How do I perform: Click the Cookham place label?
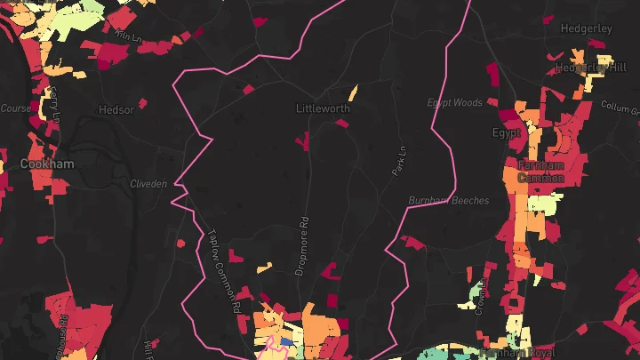tap(48, 164)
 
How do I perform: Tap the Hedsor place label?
tap(117, 110)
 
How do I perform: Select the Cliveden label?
tap(148, 184)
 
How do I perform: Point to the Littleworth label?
tap(323, 108)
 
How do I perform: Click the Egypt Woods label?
tap(454, 103)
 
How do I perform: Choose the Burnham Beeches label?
tap(449, 201)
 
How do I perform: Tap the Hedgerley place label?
tap(587, 28)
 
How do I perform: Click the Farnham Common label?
tap(541, 172)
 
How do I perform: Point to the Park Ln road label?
tap(398, 157)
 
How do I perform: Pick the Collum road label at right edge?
tap(620, 107)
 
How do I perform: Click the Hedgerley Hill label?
tap(591, 67)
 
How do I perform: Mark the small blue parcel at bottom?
tap(286, 340)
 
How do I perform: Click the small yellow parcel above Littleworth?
tap(352, 92)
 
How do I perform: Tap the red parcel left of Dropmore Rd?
tap(302, 140)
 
